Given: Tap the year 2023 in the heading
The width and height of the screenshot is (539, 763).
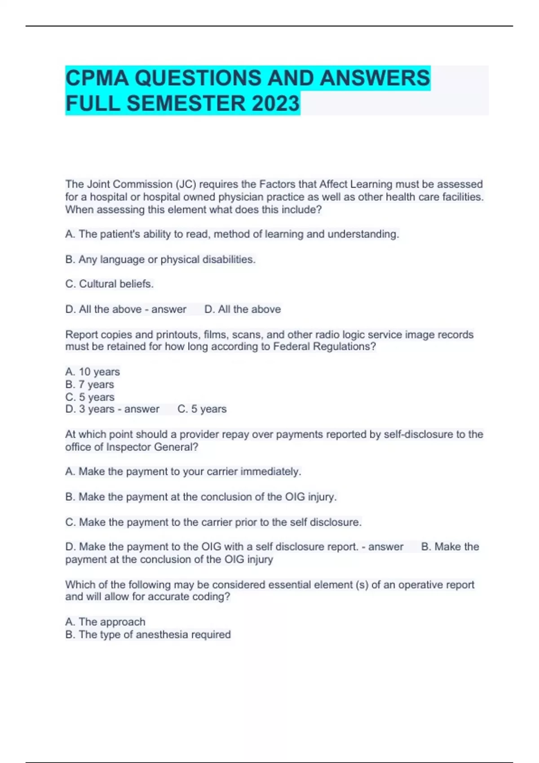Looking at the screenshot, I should click(x=275, y=103).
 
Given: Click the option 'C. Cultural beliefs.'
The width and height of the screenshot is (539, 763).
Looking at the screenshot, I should click(x=109, y=284).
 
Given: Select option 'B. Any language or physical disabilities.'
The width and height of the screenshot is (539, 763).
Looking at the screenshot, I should click(x=160, y=259).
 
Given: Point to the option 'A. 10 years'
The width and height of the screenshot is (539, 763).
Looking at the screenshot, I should click(x=93, y=372).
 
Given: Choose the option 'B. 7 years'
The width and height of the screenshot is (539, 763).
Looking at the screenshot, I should click(x=89, y=385).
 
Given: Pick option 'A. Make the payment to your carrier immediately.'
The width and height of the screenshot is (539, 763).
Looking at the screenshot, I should click(x=183, y=472).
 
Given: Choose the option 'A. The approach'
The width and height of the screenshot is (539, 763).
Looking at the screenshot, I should click(x=105, y=622).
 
